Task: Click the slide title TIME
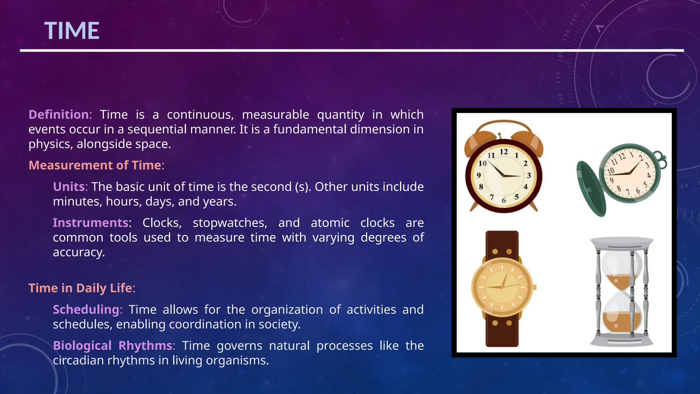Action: pos(72,31)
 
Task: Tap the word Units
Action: pos(69,187)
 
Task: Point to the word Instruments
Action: pos(91,223)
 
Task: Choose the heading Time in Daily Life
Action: pos(80,288)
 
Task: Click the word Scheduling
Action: pos(86,310)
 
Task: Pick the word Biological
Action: pos(82,345)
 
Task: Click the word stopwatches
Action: pos(230,223)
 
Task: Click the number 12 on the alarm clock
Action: pos(504,152)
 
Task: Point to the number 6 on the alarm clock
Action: pos(504,200)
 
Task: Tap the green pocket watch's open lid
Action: pos(591,188)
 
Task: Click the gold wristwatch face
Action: pos(502,287)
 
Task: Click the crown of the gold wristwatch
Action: pos(535,287)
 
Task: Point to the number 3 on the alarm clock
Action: pos(529,175)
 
